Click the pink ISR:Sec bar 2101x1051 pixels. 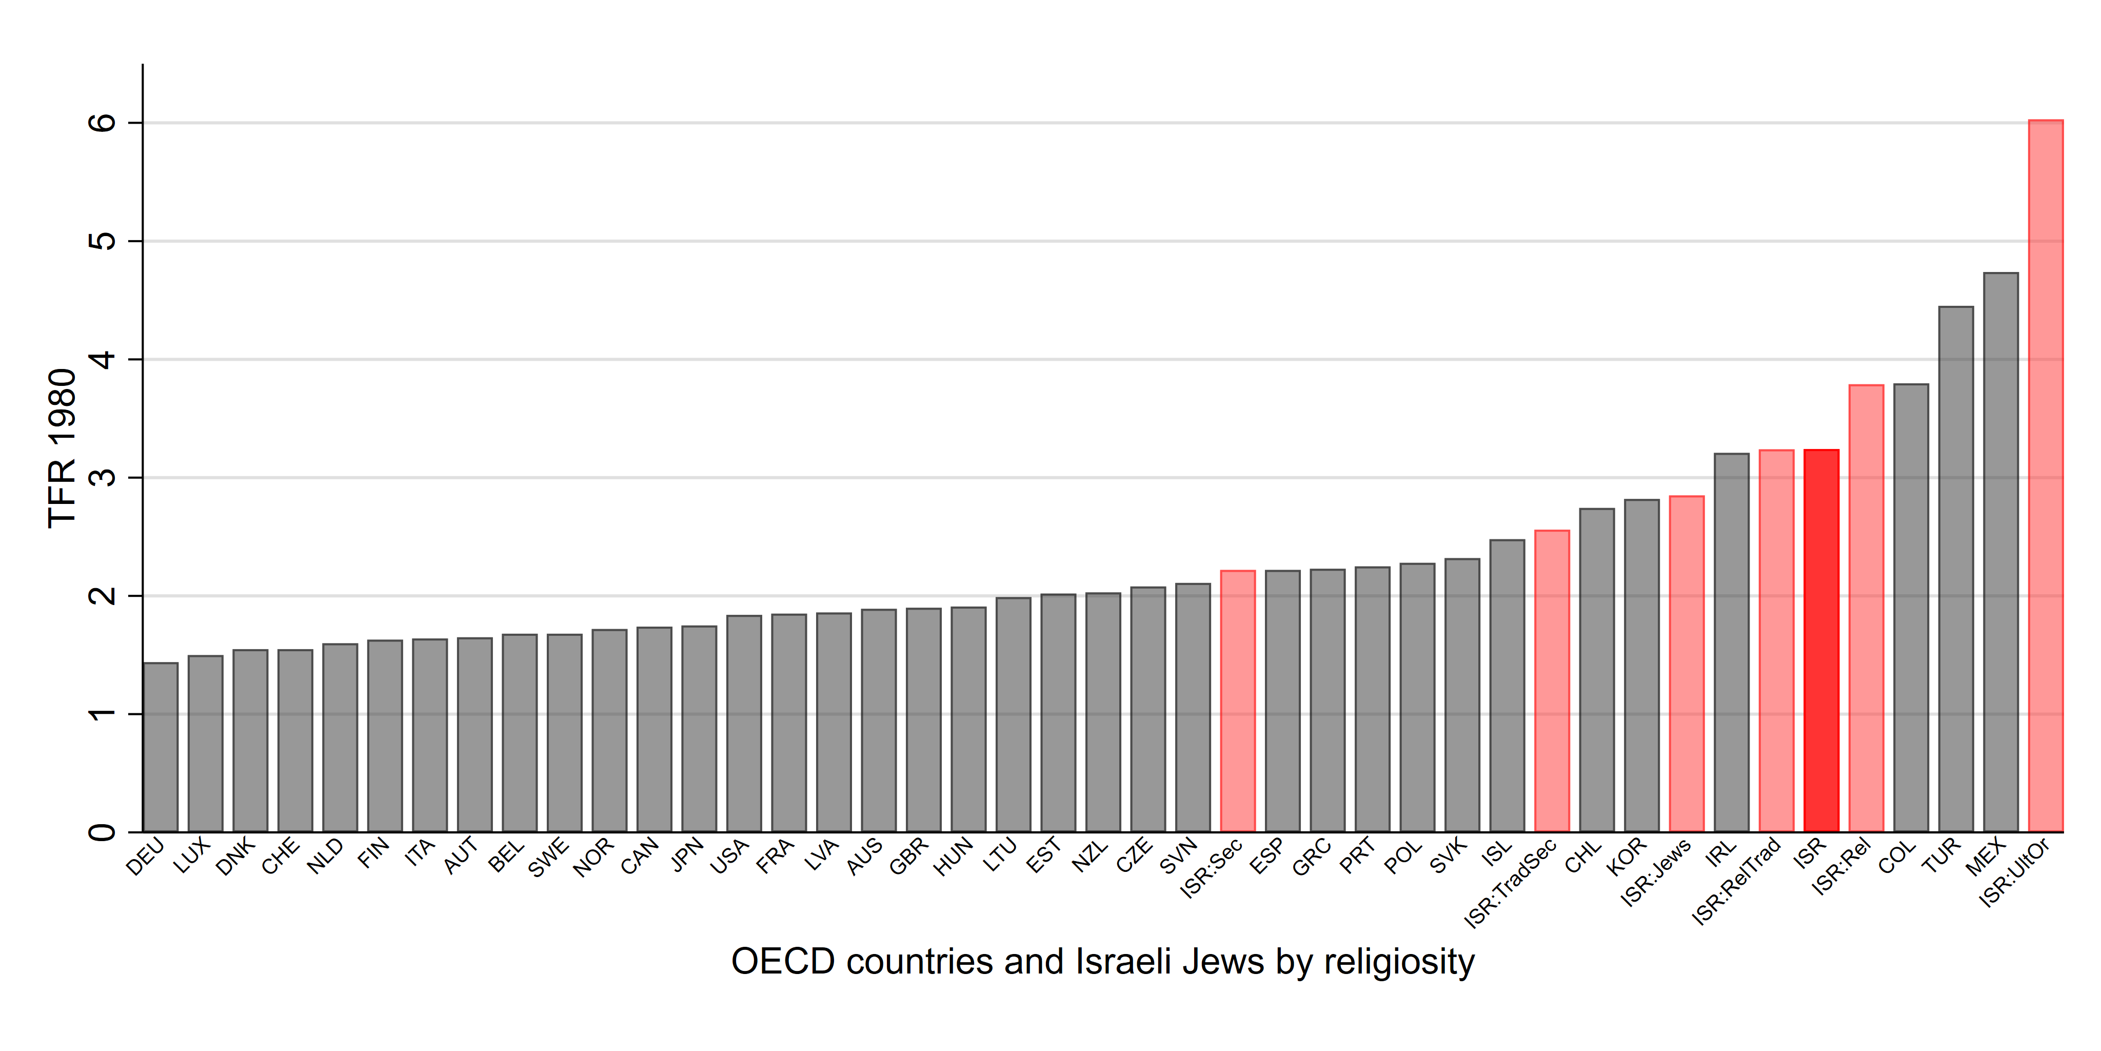pyautogui.click(x=1237, y=702)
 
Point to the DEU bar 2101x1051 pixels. pyautogui.click(x=160, y=747)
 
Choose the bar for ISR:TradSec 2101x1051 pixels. pyautogui.click(x=1551, y=682)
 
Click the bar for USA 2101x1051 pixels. pyautogui.click(x=744, y=724)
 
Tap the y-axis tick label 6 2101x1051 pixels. pyautogui.click(x=103, y=123)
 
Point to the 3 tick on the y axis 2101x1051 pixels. pyautogui.click(x=103, y=477)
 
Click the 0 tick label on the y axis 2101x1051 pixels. pyautogui.click(x=103, y=832)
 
